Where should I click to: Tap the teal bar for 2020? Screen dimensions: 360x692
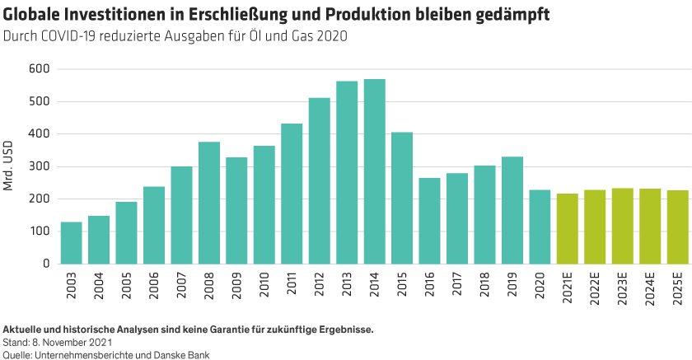[x=540, y=227]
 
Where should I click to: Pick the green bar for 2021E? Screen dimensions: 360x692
[x=567, y=229]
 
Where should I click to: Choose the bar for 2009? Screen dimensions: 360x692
[x=236, y=210]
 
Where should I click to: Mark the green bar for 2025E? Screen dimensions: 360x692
[x=677, y=227]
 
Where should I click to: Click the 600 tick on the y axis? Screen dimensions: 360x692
[x=39, y=68]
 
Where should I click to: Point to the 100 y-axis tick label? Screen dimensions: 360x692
[x=39, y=231]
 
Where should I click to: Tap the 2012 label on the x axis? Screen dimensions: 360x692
[x=320, y=284]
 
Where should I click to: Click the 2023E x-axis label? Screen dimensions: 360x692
[x=623, y=288]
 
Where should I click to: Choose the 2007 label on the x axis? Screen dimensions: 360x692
[x=182, y=284]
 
